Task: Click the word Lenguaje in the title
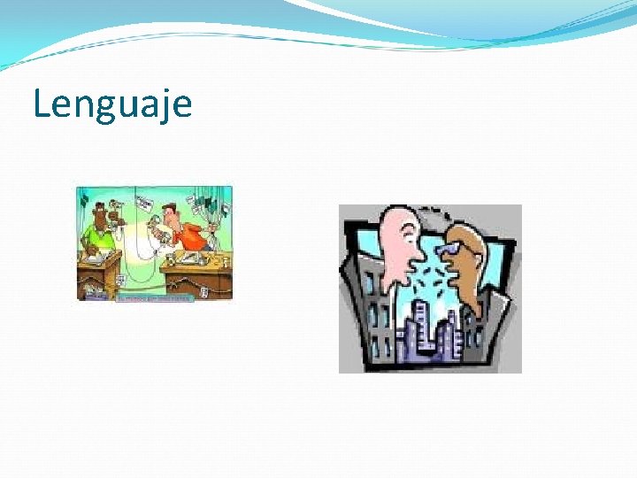[112, 104]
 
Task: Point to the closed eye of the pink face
[406, 232]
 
